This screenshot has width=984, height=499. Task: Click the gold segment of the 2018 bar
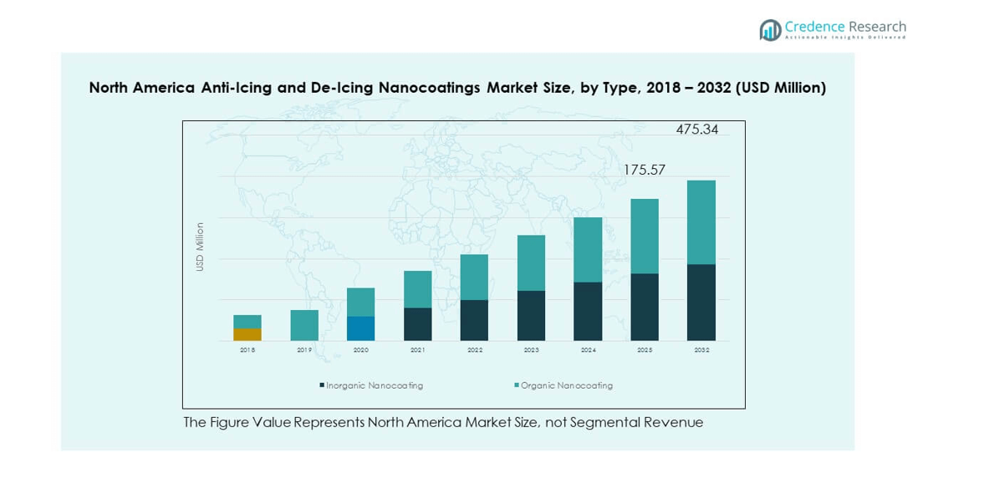(x=247, y=334)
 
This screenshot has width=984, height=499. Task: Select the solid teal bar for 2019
(x=304, y=325)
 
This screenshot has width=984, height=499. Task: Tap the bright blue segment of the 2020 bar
(x=361, y=328)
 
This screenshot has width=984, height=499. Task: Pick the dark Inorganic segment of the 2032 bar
(x=701, y=303)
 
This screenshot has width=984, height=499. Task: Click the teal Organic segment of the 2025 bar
(x=645, y=236)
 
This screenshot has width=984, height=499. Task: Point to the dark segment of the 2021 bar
(x=418, y=324)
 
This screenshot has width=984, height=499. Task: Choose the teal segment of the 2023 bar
(x=532, y=262)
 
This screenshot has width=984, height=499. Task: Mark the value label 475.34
(x=697, y=130)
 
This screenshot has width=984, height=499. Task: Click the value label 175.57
(x=645, y=171)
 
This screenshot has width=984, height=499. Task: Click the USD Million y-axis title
(x=200, y=247)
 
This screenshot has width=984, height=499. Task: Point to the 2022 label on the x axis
(x=475, y=350)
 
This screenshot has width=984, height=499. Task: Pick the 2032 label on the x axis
(x=701, y=350)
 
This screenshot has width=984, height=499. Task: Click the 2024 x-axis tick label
(x=588, y=350)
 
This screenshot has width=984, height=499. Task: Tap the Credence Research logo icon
(x=770, y=30)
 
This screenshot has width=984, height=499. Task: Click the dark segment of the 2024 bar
(x=588, y=311)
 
